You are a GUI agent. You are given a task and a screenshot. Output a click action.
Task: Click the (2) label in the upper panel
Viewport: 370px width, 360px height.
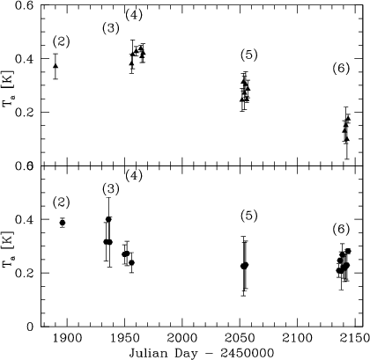(x=62, y=42)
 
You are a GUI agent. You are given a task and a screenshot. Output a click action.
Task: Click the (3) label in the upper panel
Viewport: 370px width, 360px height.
(x=111, y=28)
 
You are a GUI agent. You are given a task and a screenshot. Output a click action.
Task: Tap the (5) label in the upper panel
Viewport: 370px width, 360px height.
(x=249, y=55)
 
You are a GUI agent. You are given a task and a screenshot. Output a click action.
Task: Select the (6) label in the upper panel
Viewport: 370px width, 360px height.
(x=341, y=69)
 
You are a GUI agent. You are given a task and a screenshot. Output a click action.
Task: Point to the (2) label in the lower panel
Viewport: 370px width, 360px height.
(x=62, y=202)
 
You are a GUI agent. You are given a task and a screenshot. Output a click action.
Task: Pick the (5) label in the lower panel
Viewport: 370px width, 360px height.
(x=249, y=216)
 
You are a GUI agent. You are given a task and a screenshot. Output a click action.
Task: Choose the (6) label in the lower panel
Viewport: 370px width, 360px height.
(x=341, y=229)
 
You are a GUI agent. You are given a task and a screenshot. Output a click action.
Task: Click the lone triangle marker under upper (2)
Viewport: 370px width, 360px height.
(x=55, y=66)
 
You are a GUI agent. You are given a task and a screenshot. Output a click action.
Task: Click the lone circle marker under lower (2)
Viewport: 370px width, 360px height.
(x=63, y=223)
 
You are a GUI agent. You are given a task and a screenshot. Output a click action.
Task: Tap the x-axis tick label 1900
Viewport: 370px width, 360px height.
(x=67, y=338)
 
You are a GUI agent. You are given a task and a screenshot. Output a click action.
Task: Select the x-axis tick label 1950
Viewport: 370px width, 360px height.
(x=125, y=338)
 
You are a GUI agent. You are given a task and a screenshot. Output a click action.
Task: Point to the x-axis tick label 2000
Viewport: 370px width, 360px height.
(x=182, y=338)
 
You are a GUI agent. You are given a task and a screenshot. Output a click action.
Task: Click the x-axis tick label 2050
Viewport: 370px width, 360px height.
(x=240, y=338)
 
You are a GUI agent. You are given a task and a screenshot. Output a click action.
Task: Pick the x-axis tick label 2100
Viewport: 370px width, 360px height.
(x=297, y=338)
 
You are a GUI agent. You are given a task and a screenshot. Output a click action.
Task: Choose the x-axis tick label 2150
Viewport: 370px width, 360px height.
(x=355, y=338)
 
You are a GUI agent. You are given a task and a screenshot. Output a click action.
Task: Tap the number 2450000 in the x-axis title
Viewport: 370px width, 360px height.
(x=248, y=353)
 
